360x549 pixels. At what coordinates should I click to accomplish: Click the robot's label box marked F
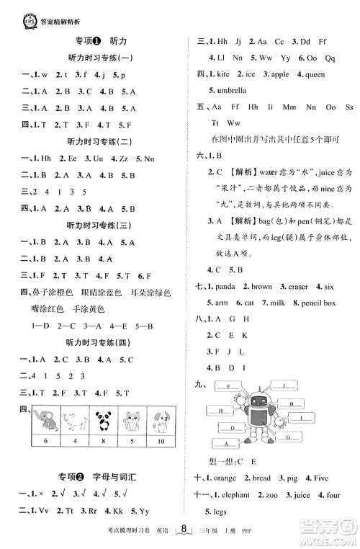229,386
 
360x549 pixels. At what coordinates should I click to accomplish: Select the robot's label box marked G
287,437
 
